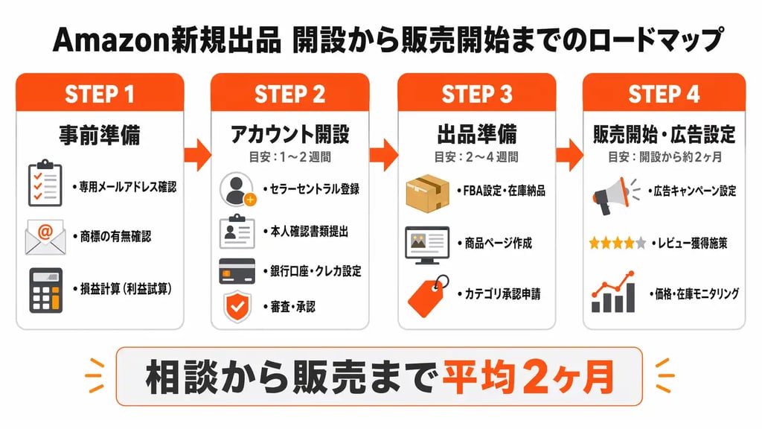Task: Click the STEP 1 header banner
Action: [100, 94]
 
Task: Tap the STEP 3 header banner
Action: [476, 94]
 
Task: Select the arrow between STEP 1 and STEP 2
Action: [198, 155]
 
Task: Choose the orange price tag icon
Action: [428, 296]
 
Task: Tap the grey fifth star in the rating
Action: [640, 244]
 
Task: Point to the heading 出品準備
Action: [476, 134]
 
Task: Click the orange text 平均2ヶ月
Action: [528, 379]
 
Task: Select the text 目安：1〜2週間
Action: [289, 158]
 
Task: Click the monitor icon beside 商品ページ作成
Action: [426, 243]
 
